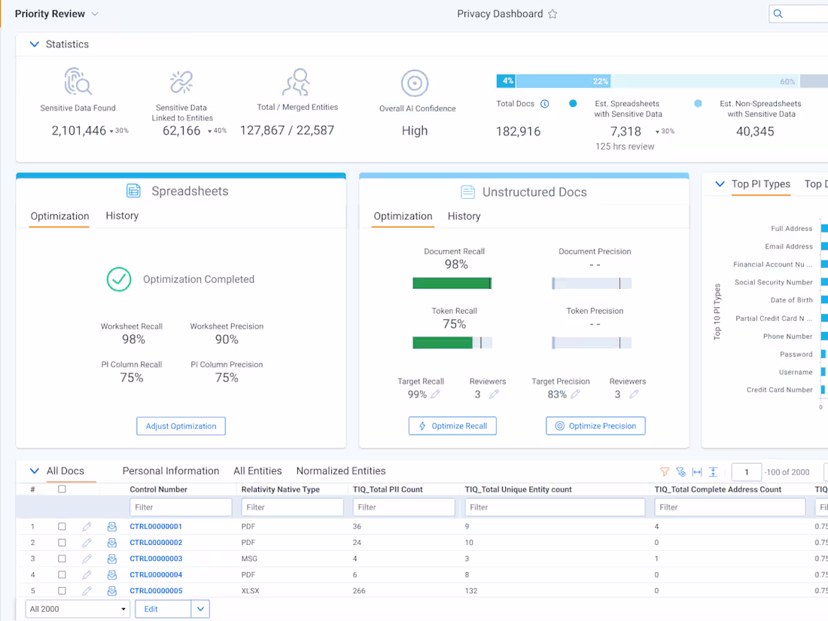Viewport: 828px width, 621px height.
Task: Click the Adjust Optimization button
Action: [x=181, y=426]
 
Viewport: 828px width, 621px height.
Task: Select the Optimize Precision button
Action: [x=595, y=426]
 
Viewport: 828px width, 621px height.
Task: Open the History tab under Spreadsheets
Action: [x=122, y=216]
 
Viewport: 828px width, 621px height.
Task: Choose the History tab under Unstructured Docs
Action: [x=464, y=216]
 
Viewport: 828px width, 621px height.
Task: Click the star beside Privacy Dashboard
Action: [x=553, y=14]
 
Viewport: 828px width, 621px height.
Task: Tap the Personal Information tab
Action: [x=171, y=471]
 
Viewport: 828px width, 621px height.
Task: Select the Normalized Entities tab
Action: [x=341, y=471]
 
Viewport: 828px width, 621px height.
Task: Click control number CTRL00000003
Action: [x=156, y=559]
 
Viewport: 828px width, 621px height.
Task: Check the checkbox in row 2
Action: [x=62, y=543]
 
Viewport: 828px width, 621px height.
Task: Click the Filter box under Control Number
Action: [x=181, y=507]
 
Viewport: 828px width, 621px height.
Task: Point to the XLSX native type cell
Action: [x=251, y=591]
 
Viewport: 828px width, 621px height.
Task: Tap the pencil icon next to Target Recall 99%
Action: [x=436, y=394]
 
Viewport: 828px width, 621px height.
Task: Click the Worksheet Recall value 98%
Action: [x=133, y=339]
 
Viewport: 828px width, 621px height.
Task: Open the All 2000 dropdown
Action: [x=78, y=609]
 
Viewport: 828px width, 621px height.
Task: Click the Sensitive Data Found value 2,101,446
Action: [x=79, y=131]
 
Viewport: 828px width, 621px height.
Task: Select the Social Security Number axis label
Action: [x=774, y=282]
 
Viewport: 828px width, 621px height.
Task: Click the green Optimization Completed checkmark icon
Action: [x=119, y=279]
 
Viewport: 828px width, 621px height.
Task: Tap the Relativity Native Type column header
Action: [x=280, y=489]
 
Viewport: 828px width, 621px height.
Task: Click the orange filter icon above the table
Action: [x=665, y=472]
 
